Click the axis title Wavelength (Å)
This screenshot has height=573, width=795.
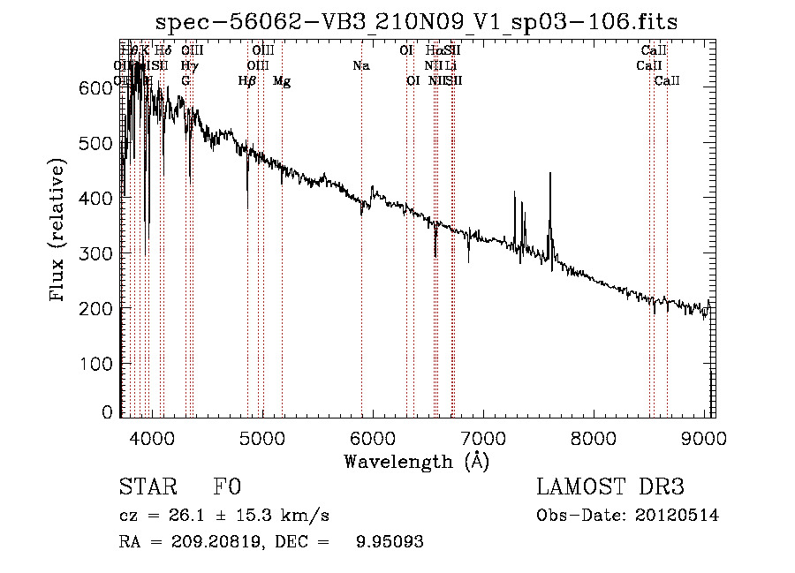(x=416, y=461)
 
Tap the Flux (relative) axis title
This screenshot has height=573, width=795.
(x=59, y=231)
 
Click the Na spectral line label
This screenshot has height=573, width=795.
(x=360, y=65)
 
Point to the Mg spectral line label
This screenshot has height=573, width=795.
(x=282, y=81)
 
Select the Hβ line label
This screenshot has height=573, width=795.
(x=247, y=81)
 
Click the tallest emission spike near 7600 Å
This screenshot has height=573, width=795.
(x=550, y=174)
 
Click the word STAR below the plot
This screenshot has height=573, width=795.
(x=146, y=487)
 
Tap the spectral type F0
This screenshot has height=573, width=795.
(x=227, y=487)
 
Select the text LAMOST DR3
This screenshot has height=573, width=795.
(x=610, y=487)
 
